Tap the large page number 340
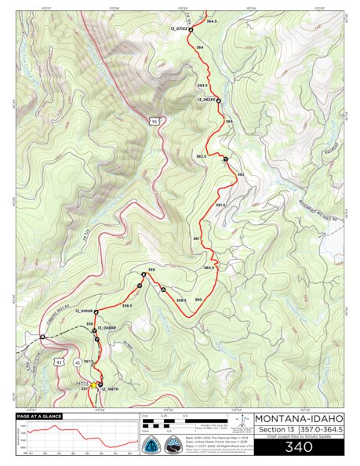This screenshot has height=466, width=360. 298,447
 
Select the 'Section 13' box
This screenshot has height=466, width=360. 274,431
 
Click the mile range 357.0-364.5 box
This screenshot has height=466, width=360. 322,431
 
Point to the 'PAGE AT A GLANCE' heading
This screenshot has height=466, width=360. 35,417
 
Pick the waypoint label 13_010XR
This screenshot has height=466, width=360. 85,311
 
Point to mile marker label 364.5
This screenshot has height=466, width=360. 211,21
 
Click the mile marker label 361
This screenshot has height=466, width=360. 196,238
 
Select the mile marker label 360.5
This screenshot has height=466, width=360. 209,268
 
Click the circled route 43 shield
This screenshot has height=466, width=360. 77,362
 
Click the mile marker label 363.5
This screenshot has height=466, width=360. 202,84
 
